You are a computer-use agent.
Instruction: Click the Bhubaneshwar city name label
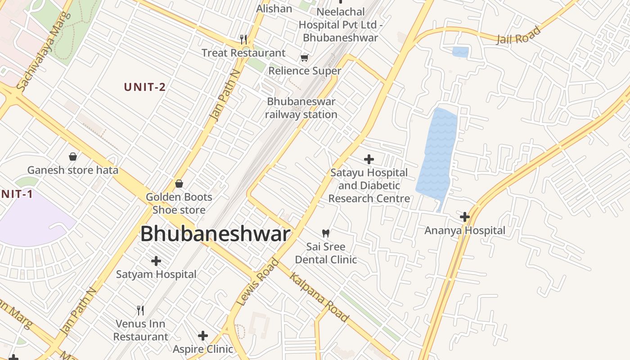[215, 234]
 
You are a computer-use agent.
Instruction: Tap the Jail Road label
[518, 36]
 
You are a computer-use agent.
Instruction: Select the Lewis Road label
[257, 282]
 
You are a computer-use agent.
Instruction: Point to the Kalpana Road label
[319, 297]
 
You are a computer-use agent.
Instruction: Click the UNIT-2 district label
[145, 87]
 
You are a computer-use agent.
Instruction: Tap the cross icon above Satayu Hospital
[369, 159]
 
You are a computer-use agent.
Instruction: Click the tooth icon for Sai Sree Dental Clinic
[326, 233]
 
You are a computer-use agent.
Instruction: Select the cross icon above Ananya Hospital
[465, 217]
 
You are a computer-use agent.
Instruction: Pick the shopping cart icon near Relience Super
[305, 58]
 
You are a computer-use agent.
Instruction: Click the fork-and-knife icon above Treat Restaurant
[243, 40]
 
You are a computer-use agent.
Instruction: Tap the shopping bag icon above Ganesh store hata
[73, 157]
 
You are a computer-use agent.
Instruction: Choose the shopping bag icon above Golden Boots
[179, 184]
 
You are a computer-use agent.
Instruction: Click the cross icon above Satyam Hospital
[156, 261]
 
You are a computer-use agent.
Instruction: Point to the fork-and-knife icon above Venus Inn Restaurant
[140, 310]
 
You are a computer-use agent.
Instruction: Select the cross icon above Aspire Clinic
[203, 336]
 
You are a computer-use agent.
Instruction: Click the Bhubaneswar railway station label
[301, 108]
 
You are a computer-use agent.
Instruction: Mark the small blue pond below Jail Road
[460, 52]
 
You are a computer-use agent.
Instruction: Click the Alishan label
[274, 9]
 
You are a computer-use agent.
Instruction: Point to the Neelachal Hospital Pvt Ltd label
[340, 24]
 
